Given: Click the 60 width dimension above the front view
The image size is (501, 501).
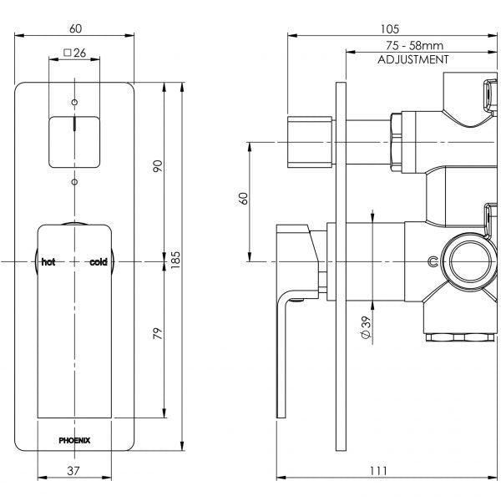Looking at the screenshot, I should click(76, 28).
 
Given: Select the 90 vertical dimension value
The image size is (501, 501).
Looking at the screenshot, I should click(158, 166).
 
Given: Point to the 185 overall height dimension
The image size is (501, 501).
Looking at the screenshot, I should click(175, 261).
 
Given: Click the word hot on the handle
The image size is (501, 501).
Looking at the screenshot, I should click(48, 262).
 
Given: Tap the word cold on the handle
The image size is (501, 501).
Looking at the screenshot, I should click(99, 262).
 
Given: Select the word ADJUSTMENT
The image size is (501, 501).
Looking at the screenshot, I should click(413, 60).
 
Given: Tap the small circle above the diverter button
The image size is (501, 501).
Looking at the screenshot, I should click(74, 102).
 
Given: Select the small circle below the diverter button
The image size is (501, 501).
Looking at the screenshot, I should click(74, 181).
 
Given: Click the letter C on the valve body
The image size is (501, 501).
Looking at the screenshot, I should click(431, 262).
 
